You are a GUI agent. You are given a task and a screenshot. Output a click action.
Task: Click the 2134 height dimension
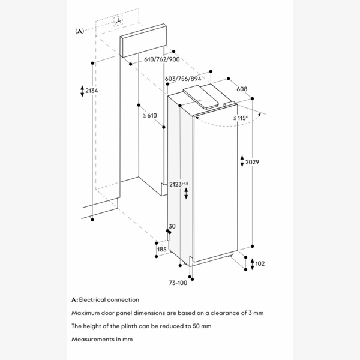(92, 91)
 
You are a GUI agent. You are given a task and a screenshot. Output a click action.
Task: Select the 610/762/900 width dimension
(162, 59)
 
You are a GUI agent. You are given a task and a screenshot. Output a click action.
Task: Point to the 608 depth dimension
(242, 88)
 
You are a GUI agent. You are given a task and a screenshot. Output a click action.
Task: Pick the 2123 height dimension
(178, 184)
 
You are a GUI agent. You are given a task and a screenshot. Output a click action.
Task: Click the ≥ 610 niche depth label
(149, 115)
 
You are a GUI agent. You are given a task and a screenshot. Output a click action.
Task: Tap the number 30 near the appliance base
(172, 226)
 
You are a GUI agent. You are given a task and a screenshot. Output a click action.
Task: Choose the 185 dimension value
(161, 248)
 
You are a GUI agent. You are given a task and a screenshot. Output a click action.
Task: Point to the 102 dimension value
(259, 263)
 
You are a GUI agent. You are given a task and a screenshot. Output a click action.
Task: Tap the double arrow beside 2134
(82, 91)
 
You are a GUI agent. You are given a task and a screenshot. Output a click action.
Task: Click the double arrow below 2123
(185, 193)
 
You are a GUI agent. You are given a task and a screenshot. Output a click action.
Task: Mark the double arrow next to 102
(251, 263)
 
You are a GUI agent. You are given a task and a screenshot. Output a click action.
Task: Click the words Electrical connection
(109, 299)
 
